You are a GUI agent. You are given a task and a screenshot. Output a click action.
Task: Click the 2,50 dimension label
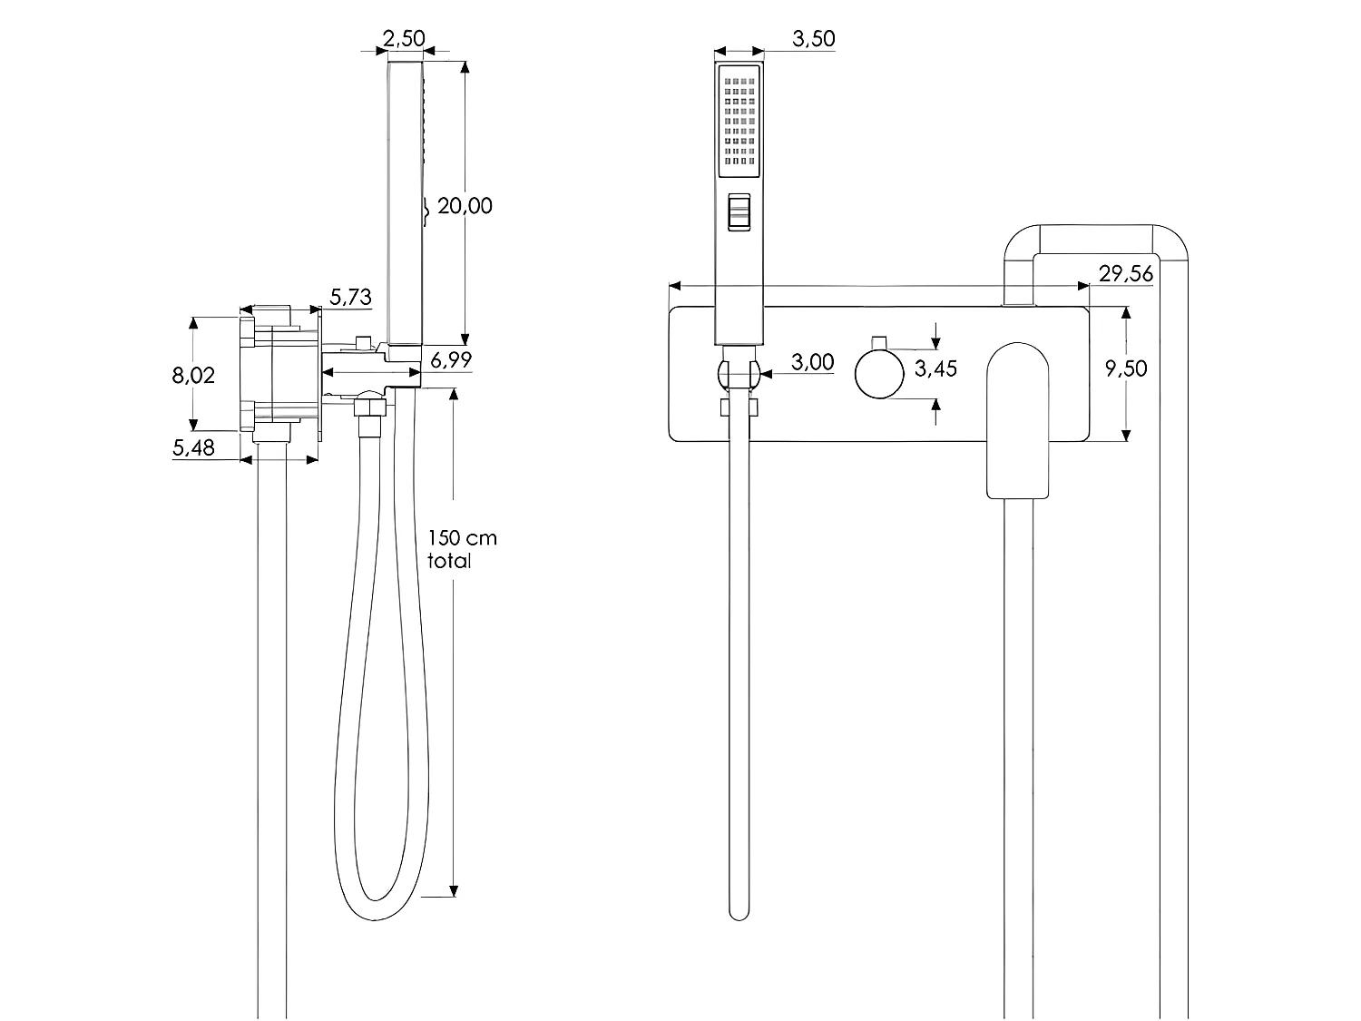tap(404, 39)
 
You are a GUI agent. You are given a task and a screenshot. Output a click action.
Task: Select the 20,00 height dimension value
tap(465, 206)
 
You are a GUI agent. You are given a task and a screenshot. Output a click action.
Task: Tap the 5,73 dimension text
tap(350, 296)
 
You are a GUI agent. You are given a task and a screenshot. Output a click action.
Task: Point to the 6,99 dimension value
tap(450, 360)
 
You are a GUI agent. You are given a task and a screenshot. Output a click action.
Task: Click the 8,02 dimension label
tap(193, 375)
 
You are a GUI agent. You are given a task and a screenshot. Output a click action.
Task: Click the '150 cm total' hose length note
tap(462, 549)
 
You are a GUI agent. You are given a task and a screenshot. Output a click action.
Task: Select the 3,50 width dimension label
tap(813, 39)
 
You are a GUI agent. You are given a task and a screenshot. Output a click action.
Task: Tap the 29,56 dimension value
tap(1125, 273)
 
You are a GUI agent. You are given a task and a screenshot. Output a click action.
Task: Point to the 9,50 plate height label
tap(1125, 368)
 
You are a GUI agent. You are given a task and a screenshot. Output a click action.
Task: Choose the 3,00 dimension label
tap(812, 362)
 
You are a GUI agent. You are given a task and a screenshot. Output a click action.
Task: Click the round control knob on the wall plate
tap(879, 374)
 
